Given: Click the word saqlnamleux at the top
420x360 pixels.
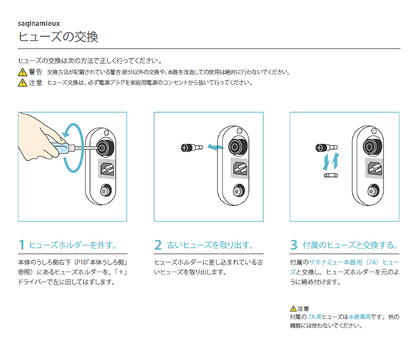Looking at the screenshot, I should [43, 21].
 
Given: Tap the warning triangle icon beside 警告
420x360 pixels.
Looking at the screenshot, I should [22, 72].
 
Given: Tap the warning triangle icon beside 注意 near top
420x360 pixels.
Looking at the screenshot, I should [22, 83].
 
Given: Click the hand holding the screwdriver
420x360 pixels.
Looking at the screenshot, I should [41, 136].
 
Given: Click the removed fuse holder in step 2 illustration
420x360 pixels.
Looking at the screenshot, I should [191, 148].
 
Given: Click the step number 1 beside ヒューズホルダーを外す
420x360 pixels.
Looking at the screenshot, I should [22, 244].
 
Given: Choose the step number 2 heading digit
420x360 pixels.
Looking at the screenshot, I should [158, 244].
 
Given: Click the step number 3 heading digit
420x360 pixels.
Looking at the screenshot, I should [293, 244].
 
